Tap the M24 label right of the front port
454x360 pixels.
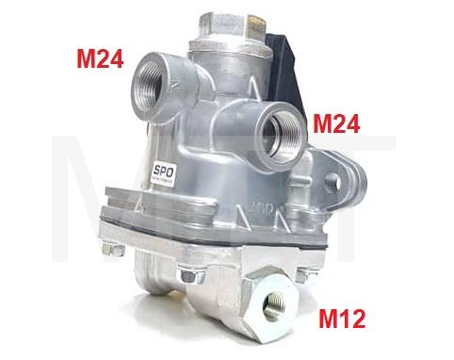tap(340, 123)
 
